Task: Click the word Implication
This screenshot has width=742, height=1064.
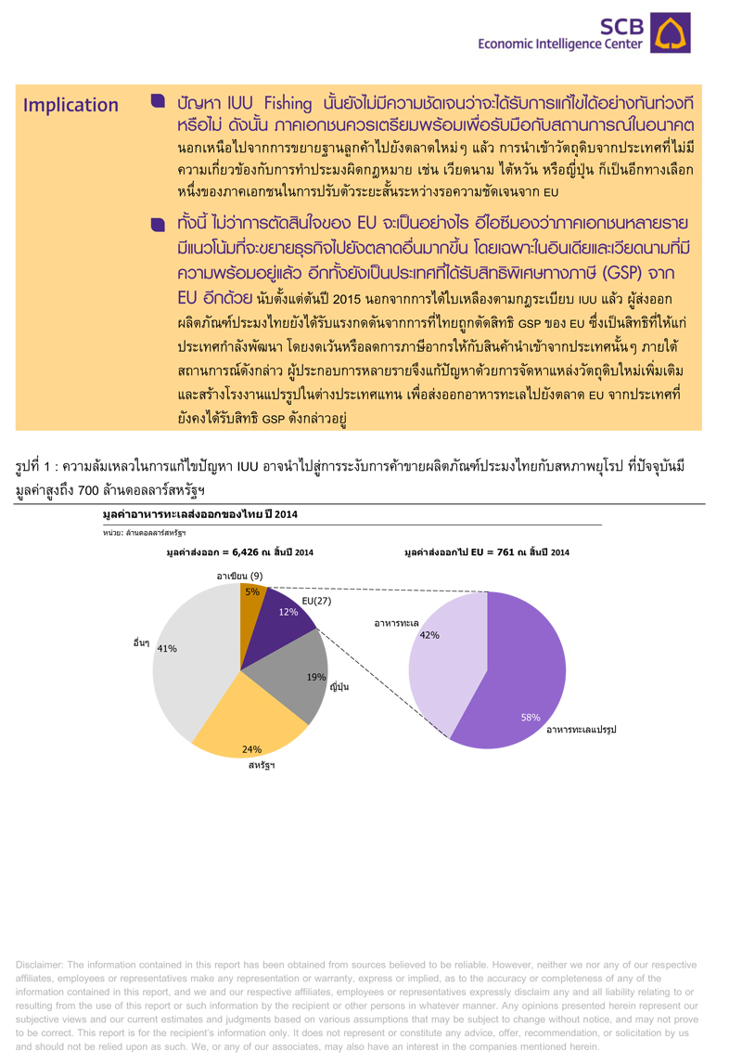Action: pyautogui.click(x=70, y=105)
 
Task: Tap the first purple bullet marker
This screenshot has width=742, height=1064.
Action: pyautogui.click(x=158, y=98)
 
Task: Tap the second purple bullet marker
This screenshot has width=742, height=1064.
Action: pyautogui.click(x=158, y=223)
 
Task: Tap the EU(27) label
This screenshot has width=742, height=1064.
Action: pyautogui.click(x=316, y=601)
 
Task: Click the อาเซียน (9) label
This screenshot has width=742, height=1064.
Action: pyautogui.click(x=240, y=577)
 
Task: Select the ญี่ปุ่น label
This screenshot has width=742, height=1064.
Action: pyautogui.click(x=339, y=687)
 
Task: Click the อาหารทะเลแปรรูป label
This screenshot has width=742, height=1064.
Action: pyautogui.click(x=582, y=729)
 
